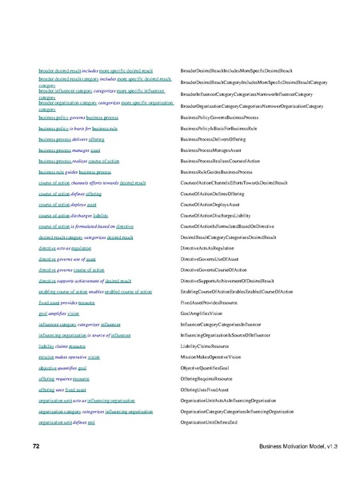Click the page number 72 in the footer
point(35,443)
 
